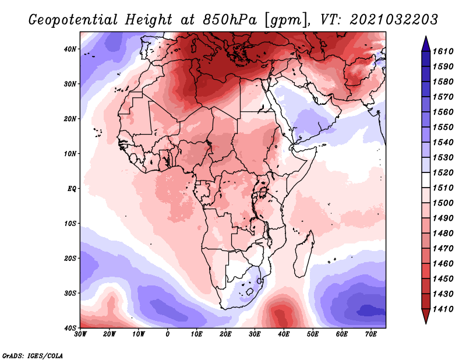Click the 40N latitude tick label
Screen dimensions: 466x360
[70, 49]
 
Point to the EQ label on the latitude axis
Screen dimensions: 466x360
[72, 189]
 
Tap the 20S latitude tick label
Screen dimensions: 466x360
[70, 258]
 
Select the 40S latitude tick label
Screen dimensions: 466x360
[70, 328]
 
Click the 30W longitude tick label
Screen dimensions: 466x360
[80, 334]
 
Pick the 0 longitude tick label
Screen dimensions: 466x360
[168, 334]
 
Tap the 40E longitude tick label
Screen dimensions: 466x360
[284, 334]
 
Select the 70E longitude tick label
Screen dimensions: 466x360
[371, 334]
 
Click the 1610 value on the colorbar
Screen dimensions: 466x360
[443, 51]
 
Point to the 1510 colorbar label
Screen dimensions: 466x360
[443, 188]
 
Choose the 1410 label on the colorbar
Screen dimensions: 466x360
[443, 309]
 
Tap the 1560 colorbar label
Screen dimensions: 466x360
[443, 112]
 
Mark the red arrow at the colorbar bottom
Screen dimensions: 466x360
[426, 316]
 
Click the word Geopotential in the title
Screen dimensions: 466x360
[73, 20]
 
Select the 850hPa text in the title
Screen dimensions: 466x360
[230, 20]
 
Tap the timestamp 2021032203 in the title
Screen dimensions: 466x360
[394, 20]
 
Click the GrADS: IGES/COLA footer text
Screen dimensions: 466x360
[33, 355]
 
